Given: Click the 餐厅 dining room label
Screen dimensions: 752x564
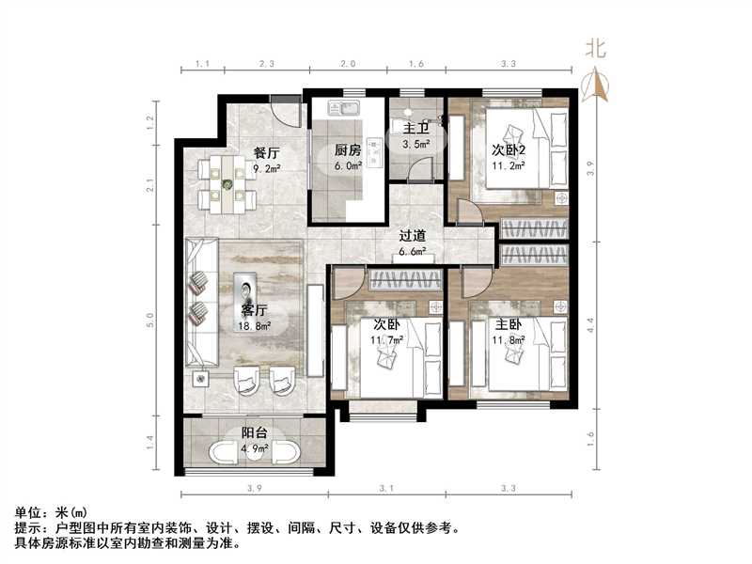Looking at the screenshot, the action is tap(267, 153).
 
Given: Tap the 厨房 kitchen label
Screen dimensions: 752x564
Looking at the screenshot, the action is tap(348, 150).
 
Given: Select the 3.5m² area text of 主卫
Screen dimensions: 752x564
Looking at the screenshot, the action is tap(415, 144).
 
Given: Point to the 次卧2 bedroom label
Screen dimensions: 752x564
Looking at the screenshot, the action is tap(509, 150).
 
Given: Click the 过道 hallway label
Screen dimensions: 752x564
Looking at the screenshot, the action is tap(413, 236).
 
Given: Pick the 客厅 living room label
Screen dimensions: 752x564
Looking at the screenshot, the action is tap(254, 310).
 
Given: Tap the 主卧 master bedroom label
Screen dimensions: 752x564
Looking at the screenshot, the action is tap(509, 324).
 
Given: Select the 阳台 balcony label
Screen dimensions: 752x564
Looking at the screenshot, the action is tap(254, 433).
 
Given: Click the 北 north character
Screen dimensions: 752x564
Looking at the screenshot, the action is tap(596, 49).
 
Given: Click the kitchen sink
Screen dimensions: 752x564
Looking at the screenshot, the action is tap(343, 107).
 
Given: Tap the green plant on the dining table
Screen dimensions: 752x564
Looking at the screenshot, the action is tap(227, 183).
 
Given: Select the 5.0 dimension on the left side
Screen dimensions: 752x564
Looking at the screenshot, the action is tap(151, 320).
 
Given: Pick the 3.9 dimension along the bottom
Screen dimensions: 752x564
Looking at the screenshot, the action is tap(255, 488).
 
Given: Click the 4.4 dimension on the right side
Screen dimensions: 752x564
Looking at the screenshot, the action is tap(591, 325).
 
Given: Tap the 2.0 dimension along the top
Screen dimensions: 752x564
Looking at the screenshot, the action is tap(348, 63).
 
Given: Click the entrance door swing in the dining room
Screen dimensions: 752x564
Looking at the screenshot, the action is tap(287, 114).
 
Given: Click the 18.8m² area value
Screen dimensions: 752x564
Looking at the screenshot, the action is tap(255, 326).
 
